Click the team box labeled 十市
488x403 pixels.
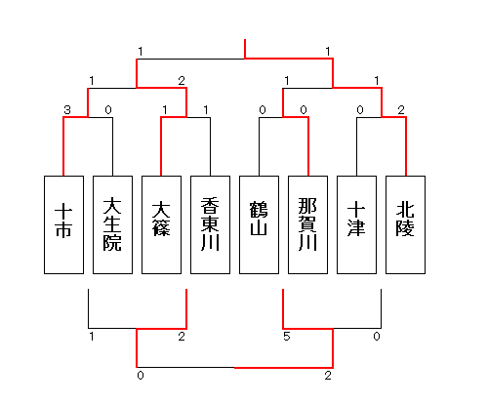pyautogui.click(x=63, y=224)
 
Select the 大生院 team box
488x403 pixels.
pyautogui.click(x=112, y=224)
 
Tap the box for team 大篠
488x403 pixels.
pyautogui.click(x=161, y=224)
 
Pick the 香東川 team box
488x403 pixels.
pyautogui.click(x=210, y=224)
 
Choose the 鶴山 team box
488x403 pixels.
pyautogui.click(x=259, y=224)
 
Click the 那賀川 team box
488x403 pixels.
pyautogui.click(x=307, y=224)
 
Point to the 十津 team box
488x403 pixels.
pyautogui.click(x=356, y=224)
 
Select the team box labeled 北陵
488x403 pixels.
pyautogui.click(x=405, y=224)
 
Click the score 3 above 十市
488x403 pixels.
pyautogui.click(x=67, y=110)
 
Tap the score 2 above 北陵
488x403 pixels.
pyautogui.click(x=401, y=110)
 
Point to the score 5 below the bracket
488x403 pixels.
pyautogui.click(x=286, y=337)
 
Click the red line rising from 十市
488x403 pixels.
pyautogui.click(x=63, y=146)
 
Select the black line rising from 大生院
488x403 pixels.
pyautogui.click(x=113, y=146)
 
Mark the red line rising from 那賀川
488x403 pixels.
pyautogui.click(x=308, y=146)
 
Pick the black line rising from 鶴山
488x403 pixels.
pyautogui.click(x=260, y=146)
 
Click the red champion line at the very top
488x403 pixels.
pyautogui.click(x=245, y=49)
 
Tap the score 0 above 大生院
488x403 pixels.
pyautogui.click(x=108, y=110)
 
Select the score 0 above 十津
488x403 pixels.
pyautogui.click(x=360, y=110)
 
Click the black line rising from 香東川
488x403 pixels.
pyautogui.click(x=211, y=146)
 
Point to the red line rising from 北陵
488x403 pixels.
pyautogui.click(x=406, y=146)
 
